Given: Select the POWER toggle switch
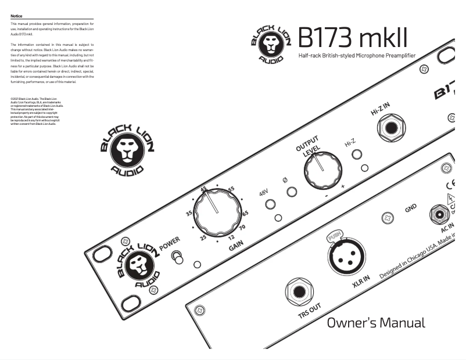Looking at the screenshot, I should pos(178,258).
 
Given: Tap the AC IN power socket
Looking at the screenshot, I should pos(439,215).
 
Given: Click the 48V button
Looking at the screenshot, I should pos(270,204).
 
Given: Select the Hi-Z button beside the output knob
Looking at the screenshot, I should pos(357,154).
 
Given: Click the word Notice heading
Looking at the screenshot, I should pos(16,16).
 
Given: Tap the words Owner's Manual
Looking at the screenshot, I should pos(375,323).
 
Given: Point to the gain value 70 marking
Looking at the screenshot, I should pos(242,227).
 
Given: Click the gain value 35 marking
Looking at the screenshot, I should pos(189,214).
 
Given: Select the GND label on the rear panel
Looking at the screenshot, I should pos(410,207).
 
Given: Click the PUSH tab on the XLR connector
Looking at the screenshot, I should pos(334,236).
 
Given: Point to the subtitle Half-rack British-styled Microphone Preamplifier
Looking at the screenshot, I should pos(357,56).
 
